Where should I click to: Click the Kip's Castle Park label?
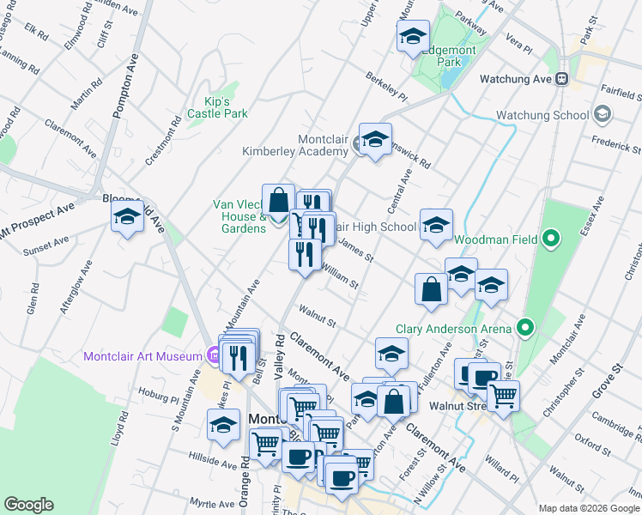pos(218,107)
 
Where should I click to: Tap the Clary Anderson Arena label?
pos(454,328)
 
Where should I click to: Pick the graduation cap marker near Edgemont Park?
pos(413,37)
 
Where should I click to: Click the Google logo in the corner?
pos(29,505)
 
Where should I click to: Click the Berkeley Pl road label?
pos(386,92)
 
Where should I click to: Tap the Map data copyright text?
pos(588,508)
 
